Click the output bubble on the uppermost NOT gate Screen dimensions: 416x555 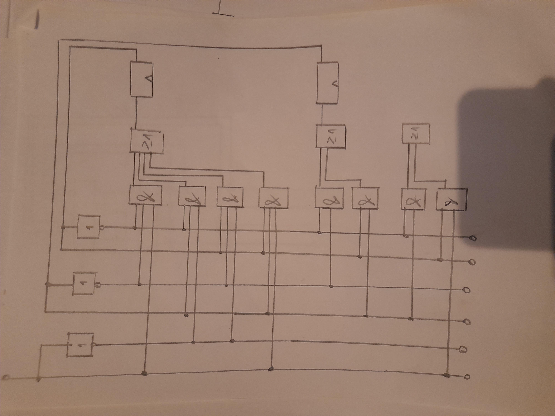[x=102, y=228]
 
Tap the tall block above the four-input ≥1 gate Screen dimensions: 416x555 [x=142, y=79]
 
